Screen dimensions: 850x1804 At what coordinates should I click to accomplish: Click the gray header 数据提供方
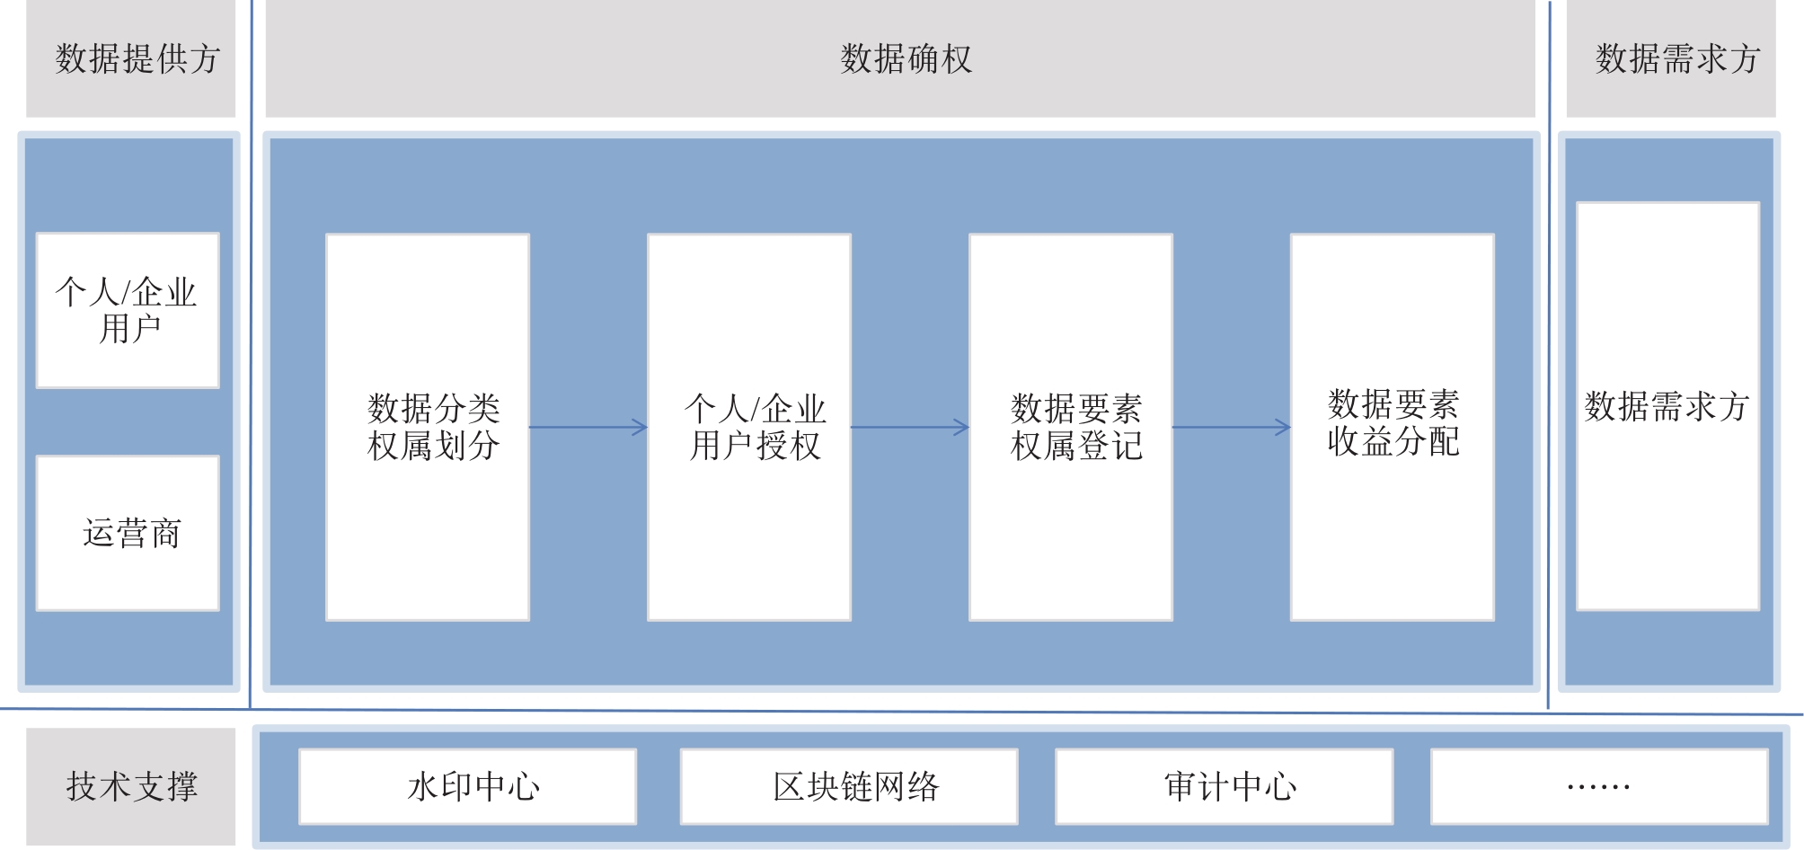pyautogui.click(x=130, y=59)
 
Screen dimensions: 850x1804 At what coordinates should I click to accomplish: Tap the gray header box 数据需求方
pyautogui.click(x=1671, y=59)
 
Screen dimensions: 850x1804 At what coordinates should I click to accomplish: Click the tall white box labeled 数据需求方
pyautogui.click(x=1667, y=406)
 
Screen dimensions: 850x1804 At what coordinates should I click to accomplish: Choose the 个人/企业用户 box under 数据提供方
pyautogui.click(x=128, y=311)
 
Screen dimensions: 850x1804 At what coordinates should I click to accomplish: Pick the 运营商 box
pyautogui.click(x=128, y=533)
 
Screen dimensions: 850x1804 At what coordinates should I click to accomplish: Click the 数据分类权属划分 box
pyautogui.click(x=428, y=427)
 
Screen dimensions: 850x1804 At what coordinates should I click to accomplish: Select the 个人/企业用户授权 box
pyautogui.click(x=749, y=427)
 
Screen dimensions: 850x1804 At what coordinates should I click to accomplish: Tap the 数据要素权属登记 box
pyautogui.click(x=1071, y=427)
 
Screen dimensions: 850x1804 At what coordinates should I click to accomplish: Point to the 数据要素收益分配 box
pyautogui.click(x=1393, y=427)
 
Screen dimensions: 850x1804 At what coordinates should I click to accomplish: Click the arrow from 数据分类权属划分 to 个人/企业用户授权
pyautogui.click(x=588, y=427)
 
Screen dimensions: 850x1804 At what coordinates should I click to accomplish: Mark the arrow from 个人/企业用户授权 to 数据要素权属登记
pyautogui.click(x=910, y=427)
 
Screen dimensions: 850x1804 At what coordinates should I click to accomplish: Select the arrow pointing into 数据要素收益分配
pyautogui.click(x=1232, y=427)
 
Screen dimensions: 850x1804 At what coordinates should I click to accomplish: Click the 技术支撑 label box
pyautogui.click(x=130, y=786)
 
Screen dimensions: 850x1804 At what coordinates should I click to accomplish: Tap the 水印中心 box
pyautogui.click(x=468, y=786)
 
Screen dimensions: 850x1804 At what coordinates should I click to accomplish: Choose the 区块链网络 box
pyautogui.click(x=849, y=786)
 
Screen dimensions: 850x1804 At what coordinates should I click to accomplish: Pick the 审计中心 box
pyautogui.click(x=1225, y=786)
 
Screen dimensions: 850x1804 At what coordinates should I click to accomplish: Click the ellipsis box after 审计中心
pyautogui.click(x=1599, y=786)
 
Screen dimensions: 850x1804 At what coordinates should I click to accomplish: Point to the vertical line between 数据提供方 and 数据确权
pyautogui.click(x=251, y=359)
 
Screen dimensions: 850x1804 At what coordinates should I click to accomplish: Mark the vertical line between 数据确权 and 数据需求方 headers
pyautogui.click(x=1550, y=359)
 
